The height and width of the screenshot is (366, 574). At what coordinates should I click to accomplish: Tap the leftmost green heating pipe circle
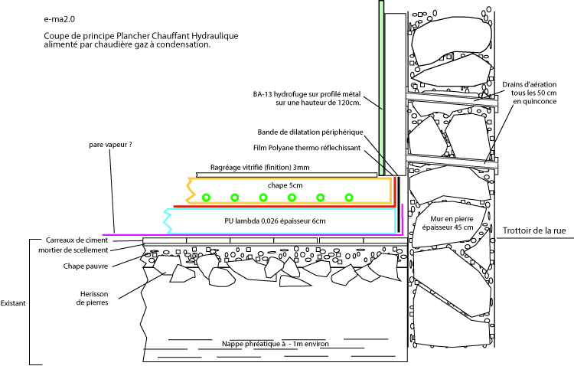click(206, 198)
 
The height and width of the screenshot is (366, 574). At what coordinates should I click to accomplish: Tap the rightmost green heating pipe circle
click(348, 198)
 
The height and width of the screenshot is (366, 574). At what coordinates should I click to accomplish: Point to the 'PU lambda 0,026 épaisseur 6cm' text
click(276, 221)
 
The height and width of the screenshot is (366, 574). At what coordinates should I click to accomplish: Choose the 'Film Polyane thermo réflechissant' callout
click(311, 148)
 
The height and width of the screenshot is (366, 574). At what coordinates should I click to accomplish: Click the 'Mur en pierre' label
click(453, 222)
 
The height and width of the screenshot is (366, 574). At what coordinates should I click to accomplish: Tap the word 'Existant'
click(14, 303)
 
